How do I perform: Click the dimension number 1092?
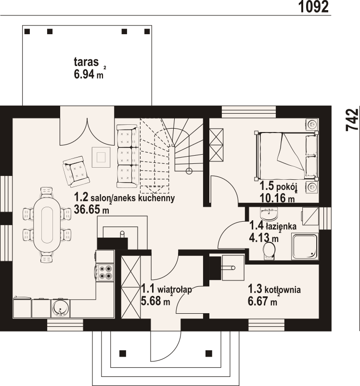point(313,6)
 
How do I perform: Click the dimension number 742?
point(352,120)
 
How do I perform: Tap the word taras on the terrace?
point(86,62)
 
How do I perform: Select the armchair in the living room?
point(76,172)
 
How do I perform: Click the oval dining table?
point(47,225)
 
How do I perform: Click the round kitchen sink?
point(61,308)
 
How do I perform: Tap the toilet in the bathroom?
point(269,251)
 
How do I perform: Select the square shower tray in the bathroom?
point(305,246)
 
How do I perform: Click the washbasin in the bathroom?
point(269,213)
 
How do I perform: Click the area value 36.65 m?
point(91,210)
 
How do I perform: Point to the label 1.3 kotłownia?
point(274,289)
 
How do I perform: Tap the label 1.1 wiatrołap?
point(167,289)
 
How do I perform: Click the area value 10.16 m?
point(277,198)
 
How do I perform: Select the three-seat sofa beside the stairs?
point(127,156)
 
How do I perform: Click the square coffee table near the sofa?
point(101,157)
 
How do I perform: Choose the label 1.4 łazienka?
point(273,226)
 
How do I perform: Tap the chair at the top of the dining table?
point(47,192)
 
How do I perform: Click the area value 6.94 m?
point(89,74)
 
